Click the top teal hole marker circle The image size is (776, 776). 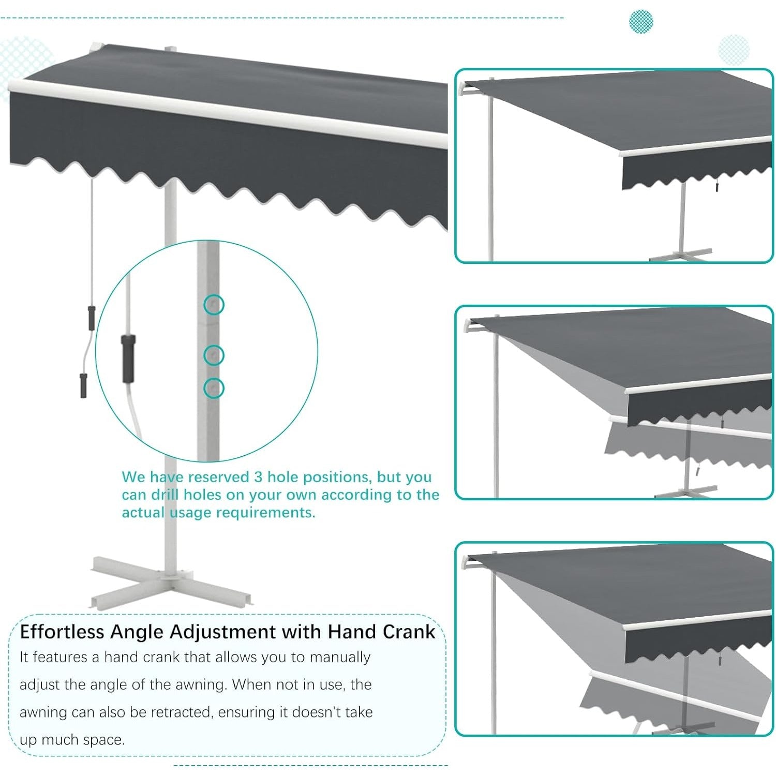[214, 305]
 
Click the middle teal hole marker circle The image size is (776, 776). [214, 355]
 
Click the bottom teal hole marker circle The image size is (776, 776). [214, 387]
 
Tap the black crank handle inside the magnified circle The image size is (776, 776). [128, 358]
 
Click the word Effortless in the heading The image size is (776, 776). [62, 632]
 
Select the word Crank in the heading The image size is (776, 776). [409, 632]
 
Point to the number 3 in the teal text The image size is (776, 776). [258, 476]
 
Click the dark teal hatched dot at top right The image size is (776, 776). [641, 22]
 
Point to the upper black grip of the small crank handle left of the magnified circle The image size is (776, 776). [92, 318]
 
